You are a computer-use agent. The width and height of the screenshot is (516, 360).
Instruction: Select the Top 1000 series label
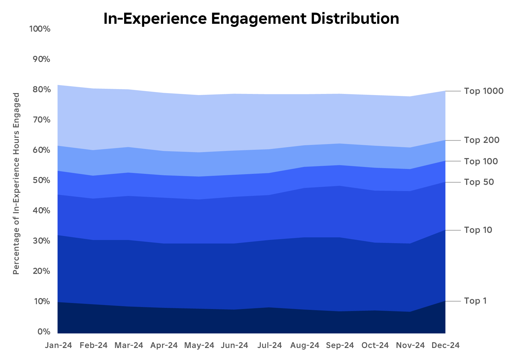click(484, 91)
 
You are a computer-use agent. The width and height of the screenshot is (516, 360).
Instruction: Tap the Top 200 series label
click(482, 140)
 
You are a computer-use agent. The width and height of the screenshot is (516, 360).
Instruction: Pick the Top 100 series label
click(481, 161)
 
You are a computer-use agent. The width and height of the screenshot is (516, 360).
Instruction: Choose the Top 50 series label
click(479, 182)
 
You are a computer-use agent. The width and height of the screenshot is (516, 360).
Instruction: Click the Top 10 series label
click(478, 230)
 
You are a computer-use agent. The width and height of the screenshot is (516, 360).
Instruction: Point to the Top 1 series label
click(475, 301)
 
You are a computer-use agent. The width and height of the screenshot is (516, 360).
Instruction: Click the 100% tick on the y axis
click(40, 29)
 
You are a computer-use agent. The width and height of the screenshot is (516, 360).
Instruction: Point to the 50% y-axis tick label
click(40, 180)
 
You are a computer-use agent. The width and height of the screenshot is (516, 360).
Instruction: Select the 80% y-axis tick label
click(40, 90)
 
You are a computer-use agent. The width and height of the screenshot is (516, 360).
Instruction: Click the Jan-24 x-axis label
click(58, 345)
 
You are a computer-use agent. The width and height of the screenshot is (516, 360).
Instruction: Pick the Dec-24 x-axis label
click(445, 345)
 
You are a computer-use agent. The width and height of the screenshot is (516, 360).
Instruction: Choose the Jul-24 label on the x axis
click(269, 345)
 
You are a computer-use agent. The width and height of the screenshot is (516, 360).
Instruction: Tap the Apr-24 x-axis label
click(164, 345)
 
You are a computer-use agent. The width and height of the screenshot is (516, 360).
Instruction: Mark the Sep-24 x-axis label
click(340, 345)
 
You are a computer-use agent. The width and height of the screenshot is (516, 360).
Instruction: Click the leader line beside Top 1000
click(453, 91)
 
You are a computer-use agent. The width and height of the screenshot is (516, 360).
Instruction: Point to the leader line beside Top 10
click(453, 230)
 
